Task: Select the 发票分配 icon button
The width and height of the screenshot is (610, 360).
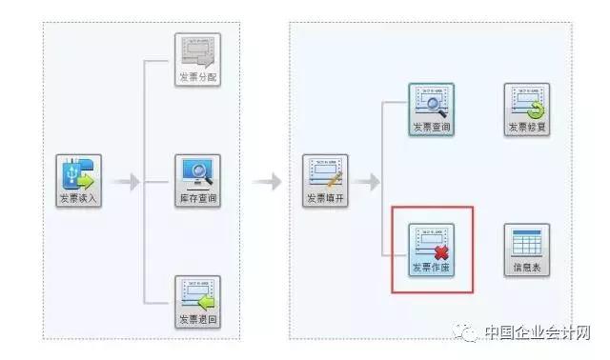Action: coord(197,60)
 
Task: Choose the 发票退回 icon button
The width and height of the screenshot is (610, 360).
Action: coord(197,302)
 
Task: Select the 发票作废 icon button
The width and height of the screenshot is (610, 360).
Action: coord(431,250)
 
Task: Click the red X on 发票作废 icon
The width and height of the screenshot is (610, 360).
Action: coord(441,251)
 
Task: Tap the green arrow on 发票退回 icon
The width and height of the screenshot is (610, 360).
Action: coord(206,301)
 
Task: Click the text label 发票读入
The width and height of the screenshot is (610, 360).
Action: coord(79,199)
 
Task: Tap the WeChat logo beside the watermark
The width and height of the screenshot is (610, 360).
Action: coord(468,332)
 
